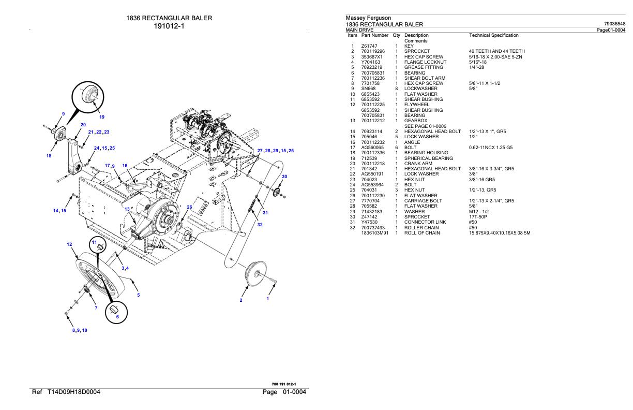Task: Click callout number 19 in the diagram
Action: [x=101, y=116]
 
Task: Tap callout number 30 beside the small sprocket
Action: [x=284, y=177]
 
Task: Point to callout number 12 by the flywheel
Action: [x=69, y=244]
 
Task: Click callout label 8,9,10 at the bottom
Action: [x=79, y=330]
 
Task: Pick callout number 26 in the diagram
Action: [x=189, y=207]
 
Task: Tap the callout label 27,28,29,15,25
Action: [x=275, y=151]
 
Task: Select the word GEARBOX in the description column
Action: [x=416, y=121]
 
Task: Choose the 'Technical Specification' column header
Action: [x=493, y=35]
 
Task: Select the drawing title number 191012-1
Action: [x=169, y=27]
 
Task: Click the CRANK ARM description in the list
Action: [x=418, y=164]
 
